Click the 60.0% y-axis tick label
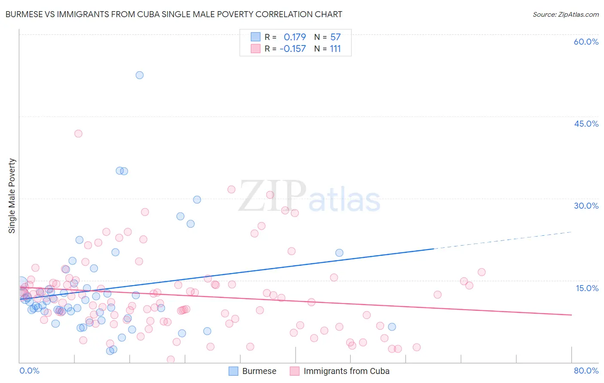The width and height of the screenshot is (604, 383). pos(586,42)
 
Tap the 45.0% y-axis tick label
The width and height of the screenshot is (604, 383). pos(586,124)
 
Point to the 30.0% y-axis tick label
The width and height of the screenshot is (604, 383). pos(586,206)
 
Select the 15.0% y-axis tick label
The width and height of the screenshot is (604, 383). pos(587,288)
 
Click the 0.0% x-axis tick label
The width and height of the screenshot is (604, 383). pos(29,371)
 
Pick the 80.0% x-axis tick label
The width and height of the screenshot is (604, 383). pos(586,371)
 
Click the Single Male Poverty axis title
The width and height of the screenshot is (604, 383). pos(12,196)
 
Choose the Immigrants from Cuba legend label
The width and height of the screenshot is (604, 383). pos(346,371)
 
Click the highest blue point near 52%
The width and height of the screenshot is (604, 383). pos(140,75)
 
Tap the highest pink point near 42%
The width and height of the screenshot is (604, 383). pos(78,134)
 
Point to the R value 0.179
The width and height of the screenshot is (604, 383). pos(295,37)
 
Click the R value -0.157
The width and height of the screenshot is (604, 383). pos(293,49)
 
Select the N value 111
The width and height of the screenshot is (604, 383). pos(335,49)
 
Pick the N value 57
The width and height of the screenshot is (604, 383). pos(335,37)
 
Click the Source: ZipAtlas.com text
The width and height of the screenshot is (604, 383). pos(565,15)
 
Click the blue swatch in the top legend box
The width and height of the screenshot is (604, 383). pos(256,37)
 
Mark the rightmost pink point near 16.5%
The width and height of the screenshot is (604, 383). pos(482,272)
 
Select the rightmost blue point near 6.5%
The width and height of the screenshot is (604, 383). pos(392,327)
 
